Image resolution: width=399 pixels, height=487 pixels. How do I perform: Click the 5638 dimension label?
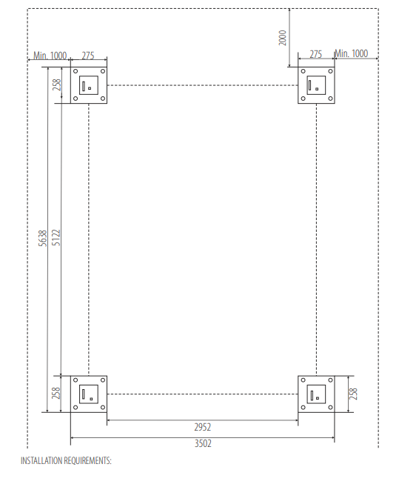[x=43, y=238]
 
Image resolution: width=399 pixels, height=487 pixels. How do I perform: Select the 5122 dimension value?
[x=56, y=238]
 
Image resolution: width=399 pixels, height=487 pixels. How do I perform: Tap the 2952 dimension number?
[x=203, y=428]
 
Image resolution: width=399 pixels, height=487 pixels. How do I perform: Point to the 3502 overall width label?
[x=203, y=443]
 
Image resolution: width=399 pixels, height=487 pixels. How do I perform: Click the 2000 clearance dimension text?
[x=282, y=38]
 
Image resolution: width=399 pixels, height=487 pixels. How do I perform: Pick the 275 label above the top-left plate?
[x=88, y=56]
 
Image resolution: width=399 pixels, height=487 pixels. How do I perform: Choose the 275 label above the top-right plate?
[x=316, y=54]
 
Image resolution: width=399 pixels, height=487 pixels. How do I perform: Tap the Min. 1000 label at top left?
[x=50, y=56]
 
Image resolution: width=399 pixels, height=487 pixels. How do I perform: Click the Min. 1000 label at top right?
[x=352, y=53]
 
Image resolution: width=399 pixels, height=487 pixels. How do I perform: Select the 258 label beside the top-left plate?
[x=57, y=85]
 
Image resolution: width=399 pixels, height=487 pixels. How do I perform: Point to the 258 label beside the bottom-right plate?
[x=353, y=394]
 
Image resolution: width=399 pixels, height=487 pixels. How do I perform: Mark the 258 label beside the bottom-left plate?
[x=56, y=393]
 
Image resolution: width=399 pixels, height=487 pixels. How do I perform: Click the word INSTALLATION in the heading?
[x=43, y=460]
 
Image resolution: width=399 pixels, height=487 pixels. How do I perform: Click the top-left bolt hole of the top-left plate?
[x=76, y=71]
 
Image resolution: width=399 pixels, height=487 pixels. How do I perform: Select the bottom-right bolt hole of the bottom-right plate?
[x=330, y=408]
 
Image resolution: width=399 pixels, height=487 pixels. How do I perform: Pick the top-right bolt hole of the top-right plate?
[x=330, y=71]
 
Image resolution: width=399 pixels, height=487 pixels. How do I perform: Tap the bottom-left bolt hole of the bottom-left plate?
[x=76, y=408]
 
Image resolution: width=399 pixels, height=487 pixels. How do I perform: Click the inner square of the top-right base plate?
[x=316, y=76]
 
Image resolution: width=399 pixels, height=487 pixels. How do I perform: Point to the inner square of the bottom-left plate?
[x=89, y=385]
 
